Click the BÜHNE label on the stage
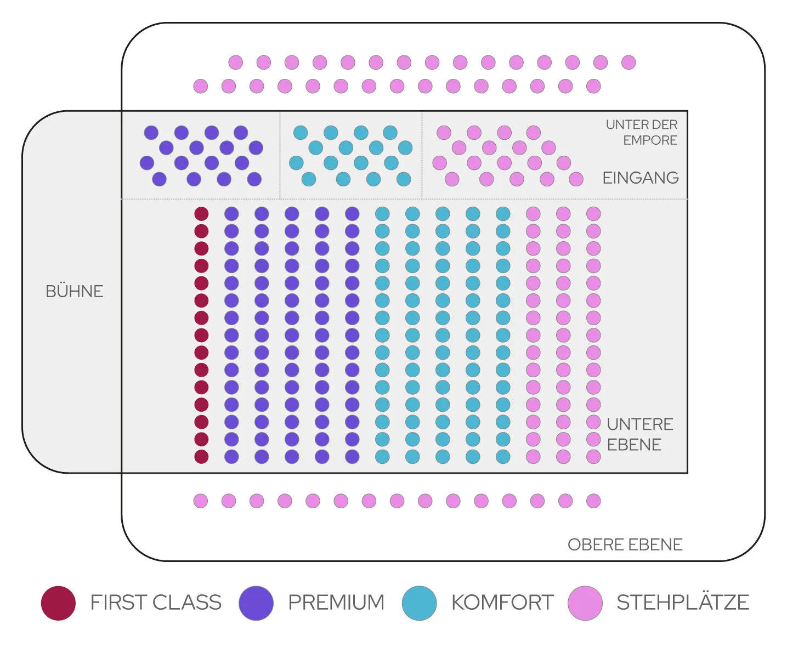click(x=74, y=291)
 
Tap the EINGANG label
click(x=641, y=178)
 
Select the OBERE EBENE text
click(x=625, y=544)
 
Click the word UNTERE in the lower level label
click(x=639, y=424)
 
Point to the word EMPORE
click(x=650, y=140)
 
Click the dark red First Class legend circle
click(x=58, y=603)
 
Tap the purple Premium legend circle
click(x=256, y=603)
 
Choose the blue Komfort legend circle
click(x=419, y=603)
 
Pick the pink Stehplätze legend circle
click(x=585, y=603)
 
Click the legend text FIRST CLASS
click(x=156, y=602)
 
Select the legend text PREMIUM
click(x=336, y=602)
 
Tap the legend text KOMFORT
click(x=502, y=602)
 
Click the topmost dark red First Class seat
click(x=201, y=214)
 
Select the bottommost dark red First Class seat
click(x=201, y=457)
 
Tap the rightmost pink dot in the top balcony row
click(x=629, y=63)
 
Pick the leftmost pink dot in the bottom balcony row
click(x=201, y=501)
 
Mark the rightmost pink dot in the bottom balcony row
click(x=593, y=501)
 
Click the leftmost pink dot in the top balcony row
click(x=236, y=63)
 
